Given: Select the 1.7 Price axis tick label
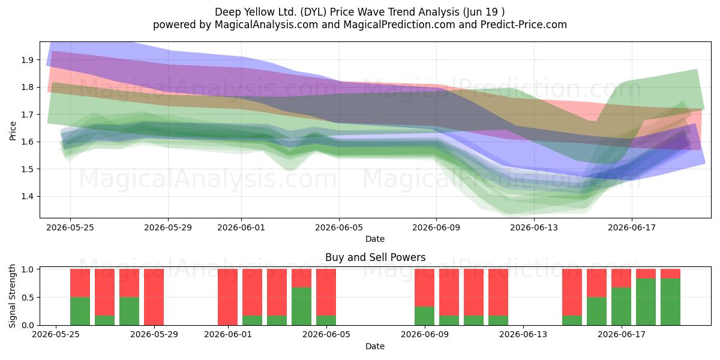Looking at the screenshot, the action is [27, 115].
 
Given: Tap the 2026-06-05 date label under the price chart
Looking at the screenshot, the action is [339, 227].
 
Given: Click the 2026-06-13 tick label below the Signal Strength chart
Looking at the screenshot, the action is [523, 334].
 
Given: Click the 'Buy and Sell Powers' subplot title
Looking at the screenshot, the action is [375, 257].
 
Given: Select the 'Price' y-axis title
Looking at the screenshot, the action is [13, 131].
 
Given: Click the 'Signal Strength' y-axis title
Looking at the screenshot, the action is [12, 296].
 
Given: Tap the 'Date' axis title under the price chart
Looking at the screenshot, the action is [375, 239].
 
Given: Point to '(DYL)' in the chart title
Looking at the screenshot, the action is [311, 12].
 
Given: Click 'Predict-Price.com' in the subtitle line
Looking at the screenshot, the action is [524, 25].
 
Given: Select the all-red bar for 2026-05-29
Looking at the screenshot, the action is [154, 297].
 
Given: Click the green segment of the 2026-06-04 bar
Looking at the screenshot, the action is [301, 307].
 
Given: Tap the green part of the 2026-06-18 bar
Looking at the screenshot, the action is [646, 302].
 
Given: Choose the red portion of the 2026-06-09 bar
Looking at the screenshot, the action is [424, 287].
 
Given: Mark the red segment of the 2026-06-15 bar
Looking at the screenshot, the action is [572, 293].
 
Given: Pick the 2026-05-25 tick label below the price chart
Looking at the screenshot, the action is [70, 227].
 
